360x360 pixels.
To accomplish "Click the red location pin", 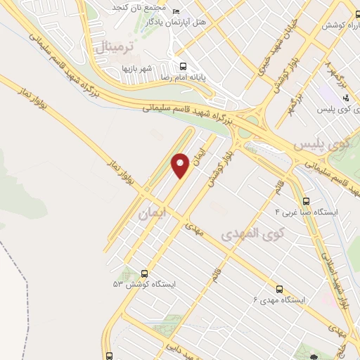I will point(181,165).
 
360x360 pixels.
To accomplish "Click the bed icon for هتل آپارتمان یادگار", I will point(176,12).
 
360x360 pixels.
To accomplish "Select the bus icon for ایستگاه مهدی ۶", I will point(280,289).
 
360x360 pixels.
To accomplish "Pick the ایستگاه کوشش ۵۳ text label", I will point(143,285).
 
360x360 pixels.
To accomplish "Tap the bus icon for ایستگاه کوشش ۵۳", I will point(145,274).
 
